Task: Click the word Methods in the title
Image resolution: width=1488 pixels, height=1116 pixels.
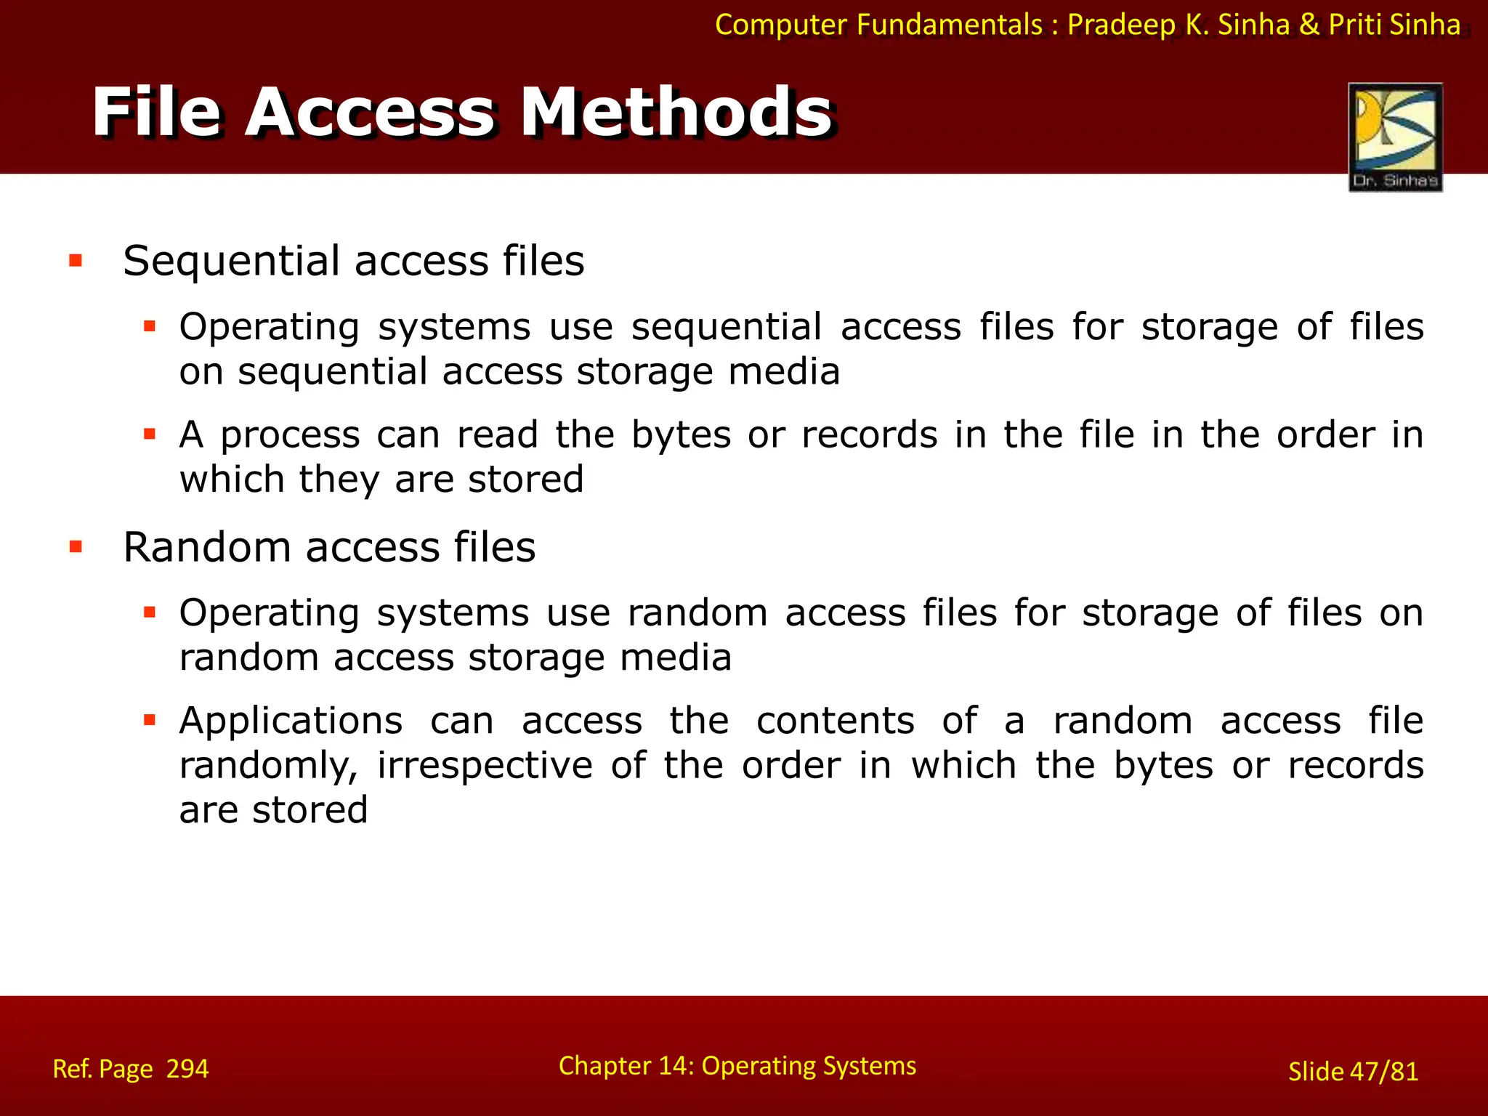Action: (677, 112)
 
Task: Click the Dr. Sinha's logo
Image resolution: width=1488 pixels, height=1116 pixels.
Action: (1395, 137)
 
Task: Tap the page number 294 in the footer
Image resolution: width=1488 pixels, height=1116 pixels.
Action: (187, 1069)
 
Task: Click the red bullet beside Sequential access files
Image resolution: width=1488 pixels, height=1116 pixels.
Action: (76, 260)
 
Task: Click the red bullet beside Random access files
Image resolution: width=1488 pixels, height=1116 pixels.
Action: (76, 546)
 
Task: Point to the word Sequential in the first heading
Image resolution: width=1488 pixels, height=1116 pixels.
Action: (231, 261)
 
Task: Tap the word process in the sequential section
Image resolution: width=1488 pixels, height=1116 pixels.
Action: (290, 435)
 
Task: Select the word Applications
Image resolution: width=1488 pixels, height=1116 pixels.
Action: (291, 721)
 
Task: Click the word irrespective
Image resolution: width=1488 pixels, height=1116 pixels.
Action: (485, 766)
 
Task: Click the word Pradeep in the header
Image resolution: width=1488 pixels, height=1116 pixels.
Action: (1121, 25)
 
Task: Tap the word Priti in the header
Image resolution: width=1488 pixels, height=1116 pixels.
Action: (1355, 25)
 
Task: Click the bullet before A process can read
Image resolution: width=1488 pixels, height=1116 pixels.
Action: (150, 435)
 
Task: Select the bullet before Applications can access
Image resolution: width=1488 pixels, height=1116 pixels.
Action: (150, 721)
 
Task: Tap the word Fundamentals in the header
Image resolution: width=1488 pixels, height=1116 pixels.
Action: (950, 25)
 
